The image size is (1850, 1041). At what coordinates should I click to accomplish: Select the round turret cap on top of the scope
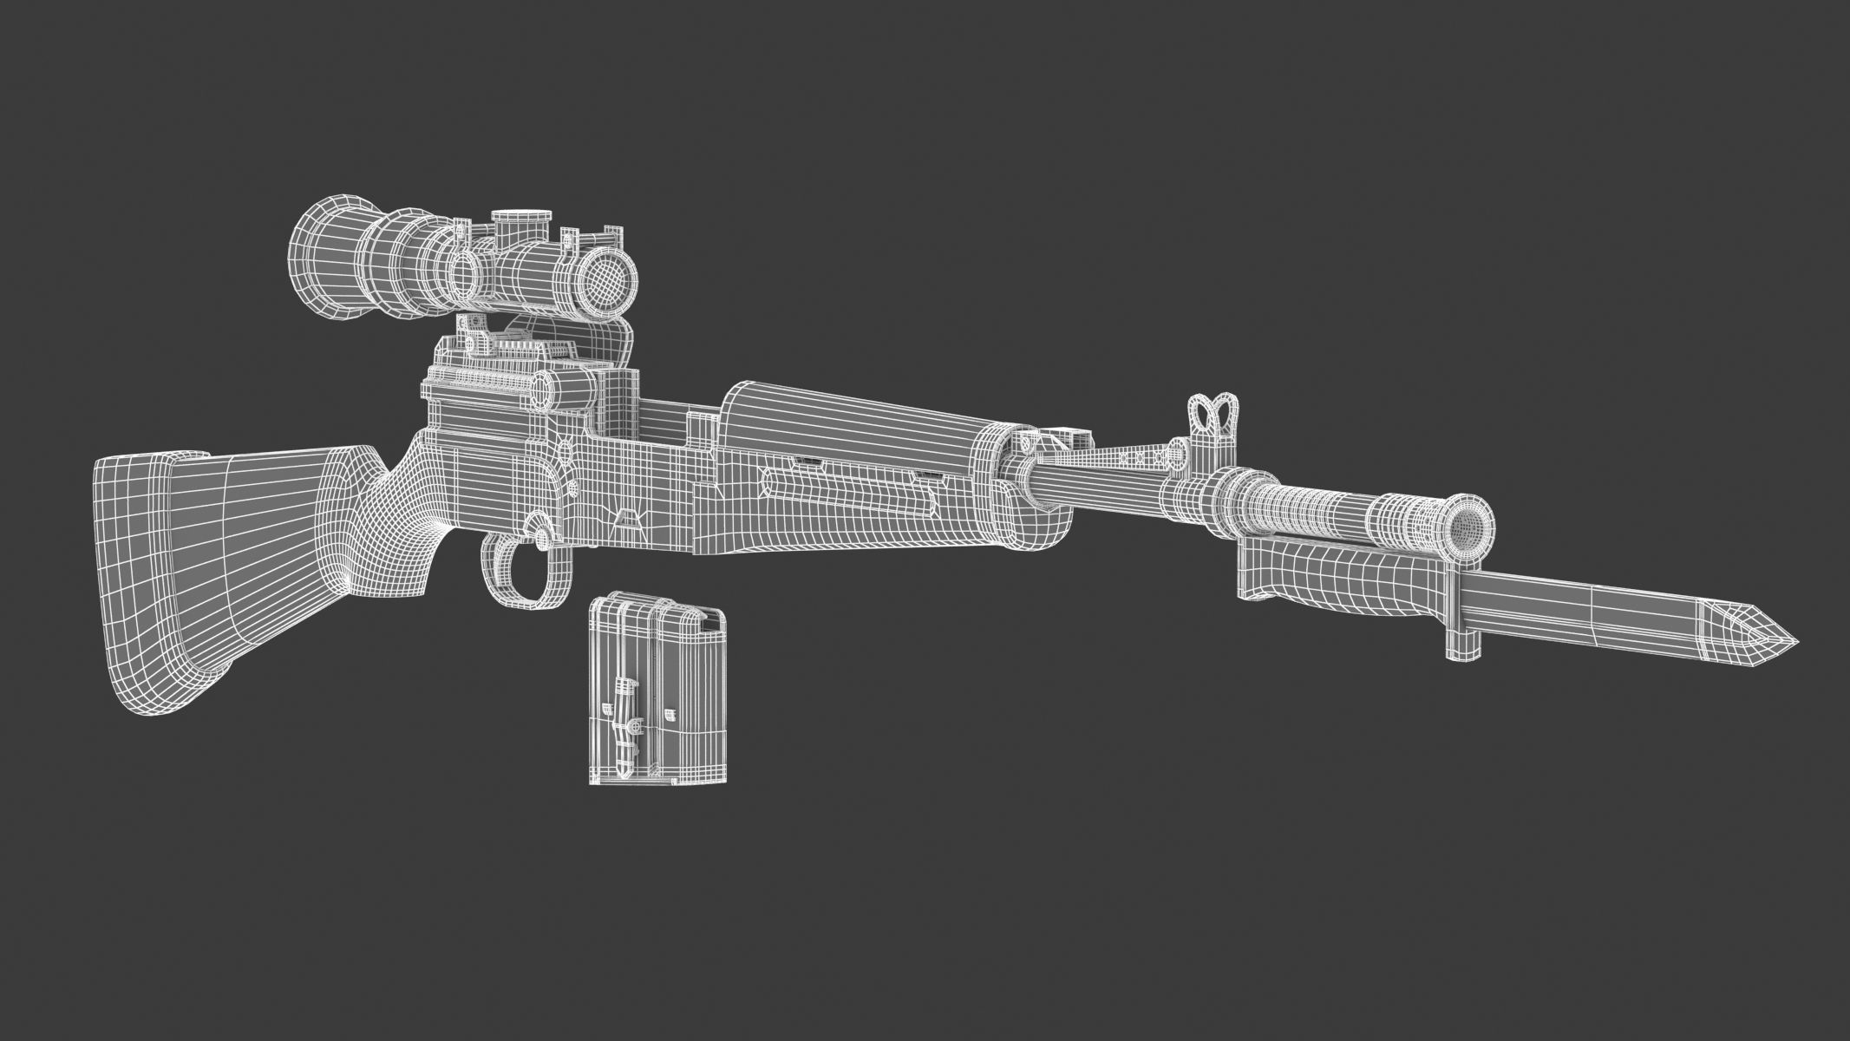[520, 225]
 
